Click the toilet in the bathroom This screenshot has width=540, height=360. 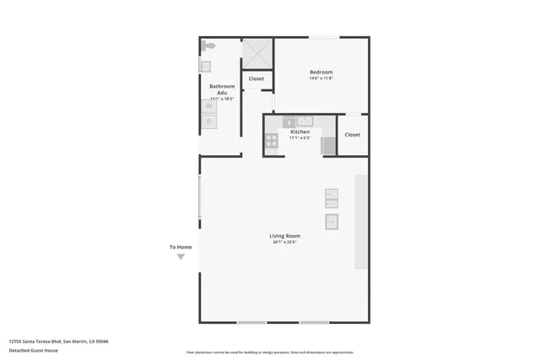(208, 46)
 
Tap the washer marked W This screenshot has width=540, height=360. (208, 107)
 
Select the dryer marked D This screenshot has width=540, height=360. (208, 121)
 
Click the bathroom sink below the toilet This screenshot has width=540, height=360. (204, 65)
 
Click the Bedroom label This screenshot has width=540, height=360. (321, 73)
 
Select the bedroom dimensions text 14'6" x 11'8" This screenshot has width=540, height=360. (321, 79)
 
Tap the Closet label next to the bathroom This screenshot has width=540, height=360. (256, 79)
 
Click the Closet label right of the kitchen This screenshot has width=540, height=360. (352, 135)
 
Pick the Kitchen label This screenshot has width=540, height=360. (300, 132)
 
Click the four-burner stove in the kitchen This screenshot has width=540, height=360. (272, 141)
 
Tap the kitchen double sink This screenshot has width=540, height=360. (304, 121)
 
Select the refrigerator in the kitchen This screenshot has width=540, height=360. (328, 145)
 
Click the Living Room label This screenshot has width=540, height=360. (284, 236)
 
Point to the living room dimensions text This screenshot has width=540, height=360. (284, 243)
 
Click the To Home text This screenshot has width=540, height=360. (181, 247)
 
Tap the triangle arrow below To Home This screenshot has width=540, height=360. (181, 257)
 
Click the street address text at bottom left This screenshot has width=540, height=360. (58, 341)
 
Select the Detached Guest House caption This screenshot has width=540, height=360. (34, 350)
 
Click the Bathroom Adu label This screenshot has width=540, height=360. (222, 89)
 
